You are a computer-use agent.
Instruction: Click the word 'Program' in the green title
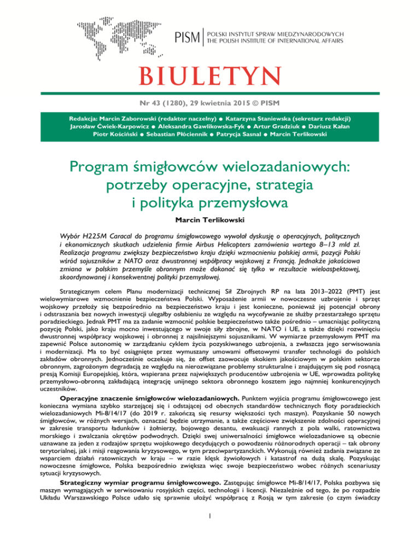click(106, 166)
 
